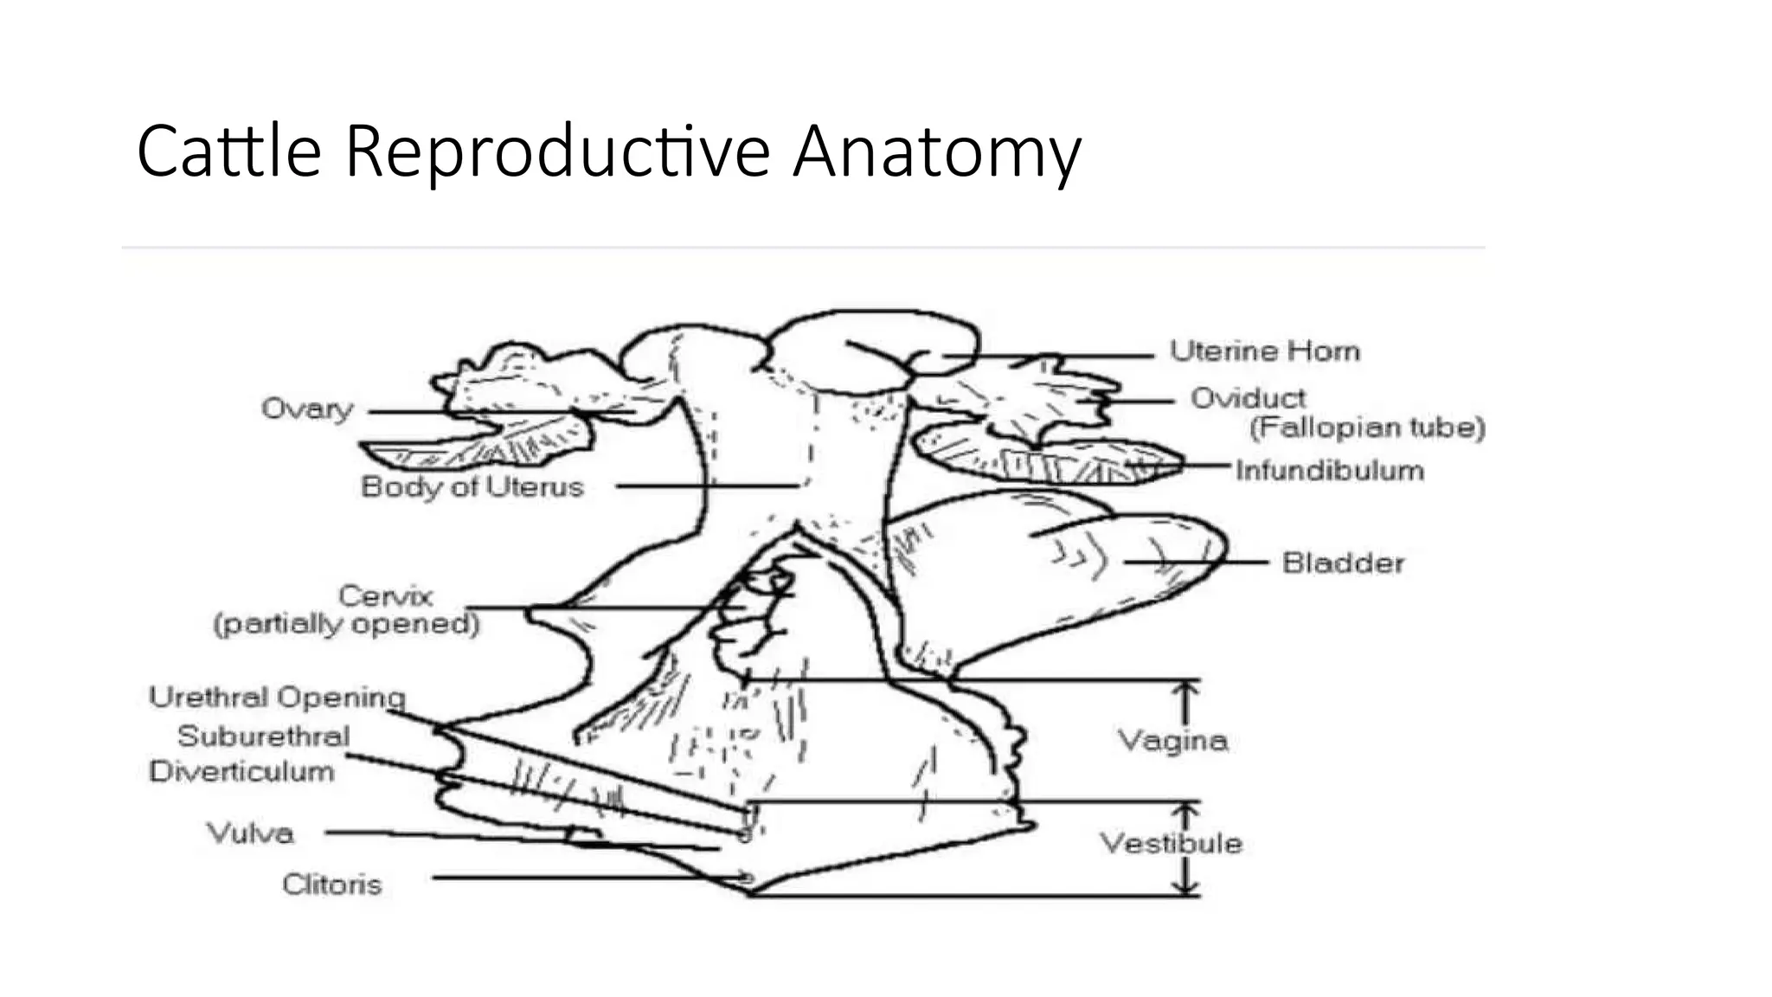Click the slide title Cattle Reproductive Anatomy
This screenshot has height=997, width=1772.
click(x=608, y=151)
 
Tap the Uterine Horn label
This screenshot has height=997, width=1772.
click(x=1264, y=351)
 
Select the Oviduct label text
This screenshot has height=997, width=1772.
click(x=1248, y=399)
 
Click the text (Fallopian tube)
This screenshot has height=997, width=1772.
click(x=1367, y=428)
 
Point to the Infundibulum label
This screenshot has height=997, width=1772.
click(x=1329, y=471)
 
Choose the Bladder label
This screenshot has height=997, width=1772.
click(x=1343, y=563)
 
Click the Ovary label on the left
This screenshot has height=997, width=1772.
click(x=307, y=409)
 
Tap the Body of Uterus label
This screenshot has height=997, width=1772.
click(x=472, y=487)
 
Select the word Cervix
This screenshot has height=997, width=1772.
click(x=385, y=596)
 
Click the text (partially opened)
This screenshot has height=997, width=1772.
click(x=346, y=624)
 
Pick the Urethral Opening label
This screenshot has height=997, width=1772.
click(x=277, y=698)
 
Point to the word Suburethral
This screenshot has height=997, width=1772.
click(x=264, y=736)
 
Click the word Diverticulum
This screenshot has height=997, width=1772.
click(x=241, y=772)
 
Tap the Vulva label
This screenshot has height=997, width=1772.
click(x=250, y=833)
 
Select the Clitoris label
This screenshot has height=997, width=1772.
click(x=331, y=884)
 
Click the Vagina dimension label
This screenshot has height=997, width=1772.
click(x=1172, y=741)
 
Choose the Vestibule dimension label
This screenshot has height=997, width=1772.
click(x=1171, y=843)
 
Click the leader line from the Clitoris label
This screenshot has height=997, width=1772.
click(x=588, y=878)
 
